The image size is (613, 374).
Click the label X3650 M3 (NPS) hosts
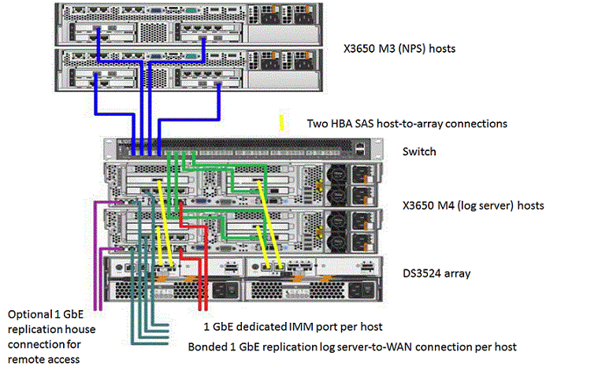pos(399,49)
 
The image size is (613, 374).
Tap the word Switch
pos(419,151)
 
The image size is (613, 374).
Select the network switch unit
pos(236,147)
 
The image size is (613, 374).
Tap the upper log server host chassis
pos(236,180)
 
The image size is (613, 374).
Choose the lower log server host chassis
pos(236,228)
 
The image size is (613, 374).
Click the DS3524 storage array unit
pos(236,280)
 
